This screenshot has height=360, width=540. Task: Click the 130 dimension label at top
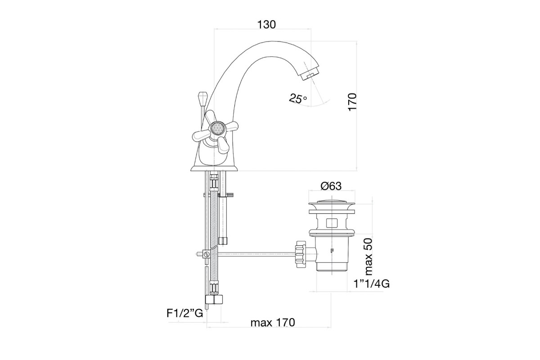tap(266, 25)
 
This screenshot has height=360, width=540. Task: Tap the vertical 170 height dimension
tap(352, 102)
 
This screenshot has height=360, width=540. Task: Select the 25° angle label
tap(298, 98)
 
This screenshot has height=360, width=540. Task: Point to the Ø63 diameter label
tap(331, 186)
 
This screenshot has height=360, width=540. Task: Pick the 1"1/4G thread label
tap(372, 284)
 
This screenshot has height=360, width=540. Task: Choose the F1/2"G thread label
tap(185, 313)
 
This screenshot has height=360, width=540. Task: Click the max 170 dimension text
tap(273, 322)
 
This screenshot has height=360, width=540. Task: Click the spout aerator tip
tap(310, 74)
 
